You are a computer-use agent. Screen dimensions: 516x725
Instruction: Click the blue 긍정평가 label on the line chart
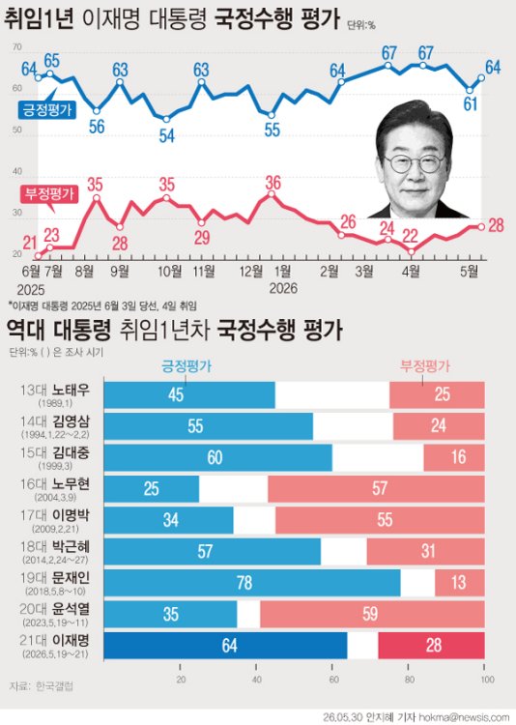(47, 109)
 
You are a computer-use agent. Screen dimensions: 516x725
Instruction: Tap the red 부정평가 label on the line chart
(49, 193)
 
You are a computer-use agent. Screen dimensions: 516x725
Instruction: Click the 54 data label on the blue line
(166, 135)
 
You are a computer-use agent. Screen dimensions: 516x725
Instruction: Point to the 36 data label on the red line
(272, 183)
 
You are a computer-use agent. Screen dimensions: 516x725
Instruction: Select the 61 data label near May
(471, 104)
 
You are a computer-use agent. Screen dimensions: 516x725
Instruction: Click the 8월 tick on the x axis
(85, 271)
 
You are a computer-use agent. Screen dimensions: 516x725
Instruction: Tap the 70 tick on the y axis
(17, 47)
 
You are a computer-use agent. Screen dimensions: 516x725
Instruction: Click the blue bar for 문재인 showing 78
(252, 583)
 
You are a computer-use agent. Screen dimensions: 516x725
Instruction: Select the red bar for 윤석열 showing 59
(372, 614)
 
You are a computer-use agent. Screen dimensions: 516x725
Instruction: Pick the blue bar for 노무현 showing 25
(151, 489)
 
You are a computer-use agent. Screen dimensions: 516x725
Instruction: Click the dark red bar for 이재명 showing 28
(431, 646)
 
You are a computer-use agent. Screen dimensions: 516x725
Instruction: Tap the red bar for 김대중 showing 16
(454, 458)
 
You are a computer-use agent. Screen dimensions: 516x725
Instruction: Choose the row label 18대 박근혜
(54, 547)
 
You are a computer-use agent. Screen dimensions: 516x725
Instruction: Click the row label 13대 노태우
(54, 391)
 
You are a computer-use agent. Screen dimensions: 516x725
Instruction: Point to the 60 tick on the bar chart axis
(333, 680)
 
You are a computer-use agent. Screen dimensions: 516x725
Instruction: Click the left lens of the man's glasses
(397, 163)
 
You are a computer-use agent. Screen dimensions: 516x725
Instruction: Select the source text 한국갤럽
(54, 686)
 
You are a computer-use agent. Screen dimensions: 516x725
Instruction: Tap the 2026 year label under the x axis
(283, 288)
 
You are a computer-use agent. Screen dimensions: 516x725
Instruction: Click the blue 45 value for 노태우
(176, 394)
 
